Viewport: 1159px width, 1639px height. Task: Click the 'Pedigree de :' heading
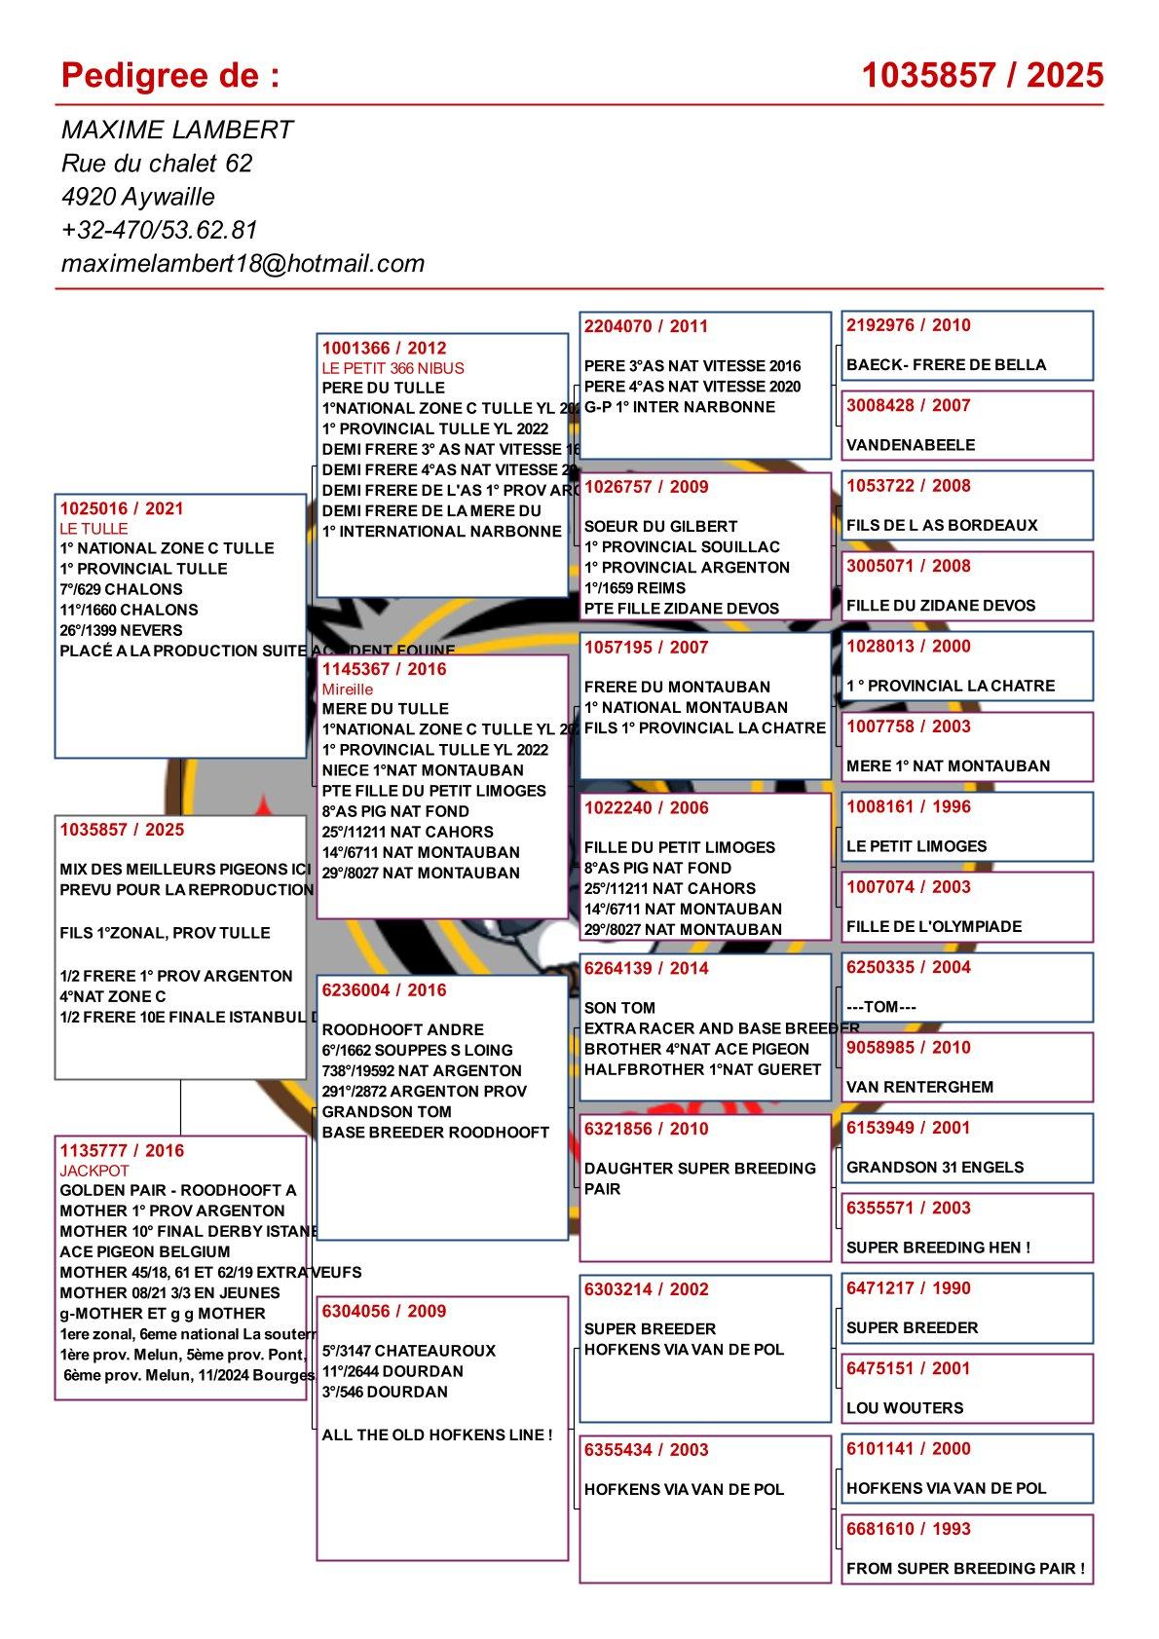tap(169, 75)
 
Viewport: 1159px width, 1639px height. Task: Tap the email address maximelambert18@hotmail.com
tap(243, 263)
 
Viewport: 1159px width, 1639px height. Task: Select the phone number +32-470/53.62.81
tap(159, 230)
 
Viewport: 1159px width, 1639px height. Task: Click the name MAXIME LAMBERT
tap(177, 130)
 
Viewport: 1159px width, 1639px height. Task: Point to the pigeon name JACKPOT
tap(94, 1171)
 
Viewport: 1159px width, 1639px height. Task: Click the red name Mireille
tap(348, 689)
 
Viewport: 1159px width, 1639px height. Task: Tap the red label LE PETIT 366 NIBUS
tap(393, 368)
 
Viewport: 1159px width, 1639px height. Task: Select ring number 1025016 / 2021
tap(122, 508)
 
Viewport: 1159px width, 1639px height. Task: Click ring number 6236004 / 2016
tap(384, 990)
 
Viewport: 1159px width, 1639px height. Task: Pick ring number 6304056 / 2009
tap(384, 1311)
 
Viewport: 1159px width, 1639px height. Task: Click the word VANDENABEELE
tap(911, 445)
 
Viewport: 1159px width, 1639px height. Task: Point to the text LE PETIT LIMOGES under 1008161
tap(916, 846)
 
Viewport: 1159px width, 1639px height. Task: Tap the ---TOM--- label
tap(881, 1007)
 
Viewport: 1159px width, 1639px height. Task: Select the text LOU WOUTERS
tap(905, 1408)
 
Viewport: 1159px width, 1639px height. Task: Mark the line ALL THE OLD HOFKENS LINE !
tap(437, 1434)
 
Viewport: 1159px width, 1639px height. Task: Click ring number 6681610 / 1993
tap(909, 1529)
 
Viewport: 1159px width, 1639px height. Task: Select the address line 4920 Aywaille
tap(138, 197)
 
